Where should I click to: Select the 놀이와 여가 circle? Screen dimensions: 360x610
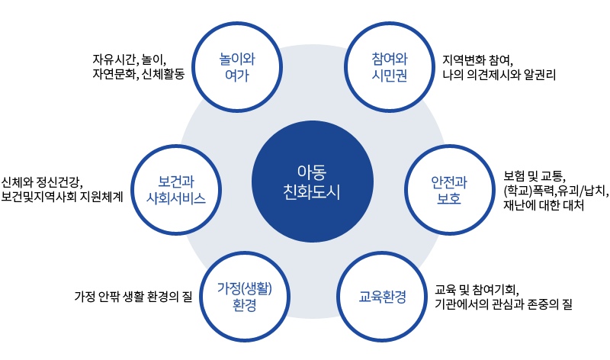click(x=236, y=66)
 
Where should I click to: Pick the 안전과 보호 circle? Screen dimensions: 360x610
click(x=449, y=191)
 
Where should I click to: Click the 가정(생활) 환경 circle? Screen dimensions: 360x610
click(x=244, y=297)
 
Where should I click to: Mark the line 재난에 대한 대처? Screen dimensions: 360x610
click(x=543, y=206)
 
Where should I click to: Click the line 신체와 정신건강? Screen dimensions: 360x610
click(x=41, y=181)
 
